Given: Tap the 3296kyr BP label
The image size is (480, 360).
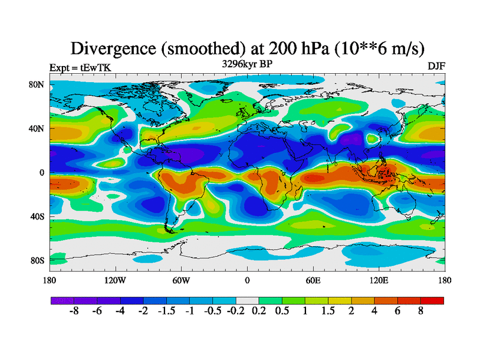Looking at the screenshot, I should pyautogui.click(x=247, y=63).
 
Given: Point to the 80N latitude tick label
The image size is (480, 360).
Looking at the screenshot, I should pyautogui.click(x=37, y=85).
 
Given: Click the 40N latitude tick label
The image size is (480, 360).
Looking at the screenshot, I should pyautogui.click(x=37, y=128).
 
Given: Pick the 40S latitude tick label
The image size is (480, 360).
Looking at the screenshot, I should pyautogui.click(x=37, y=217).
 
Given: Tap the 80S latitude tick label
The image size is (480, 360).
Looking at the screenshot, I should pyautogui.click(x=37, y=260).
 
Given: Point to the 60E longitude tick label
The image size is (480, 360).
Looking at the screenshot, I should pyautogui.click(x=313, y=280).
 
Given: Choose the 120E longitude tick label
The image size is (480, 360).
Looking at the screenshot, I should pyautogui.click(x=379, y=280).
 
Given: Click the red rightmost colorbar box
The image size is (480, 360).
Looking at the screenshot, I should pyautogui.click(x=433, y=301).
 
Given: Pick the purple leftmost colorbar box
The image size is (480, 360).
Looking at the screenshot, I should pyautogui.click(x=62, y=301).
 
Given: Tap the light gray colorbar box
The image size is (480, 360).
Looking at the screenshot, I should pyautogui.click(x=247, y=301).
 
